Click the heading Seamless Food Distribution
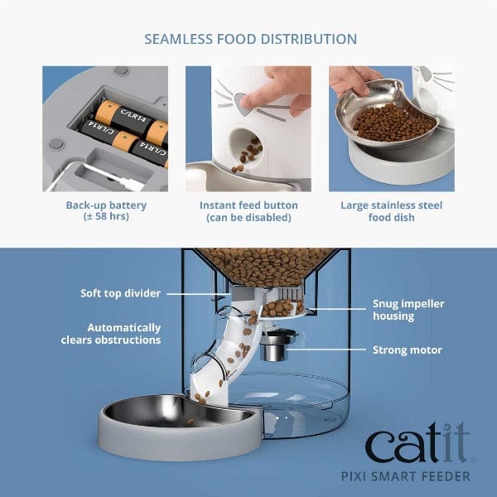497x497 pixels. tap(250, 39)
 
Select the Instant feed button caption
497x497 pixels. tap(248, 205)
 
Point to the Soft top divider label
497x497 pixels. tap(120, 293)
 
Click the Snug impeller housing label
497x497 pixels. tap(408, 310)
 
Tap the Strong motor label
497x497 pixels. tap(407, 350)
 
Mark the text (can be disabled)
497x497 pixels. tap(248, 218)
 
